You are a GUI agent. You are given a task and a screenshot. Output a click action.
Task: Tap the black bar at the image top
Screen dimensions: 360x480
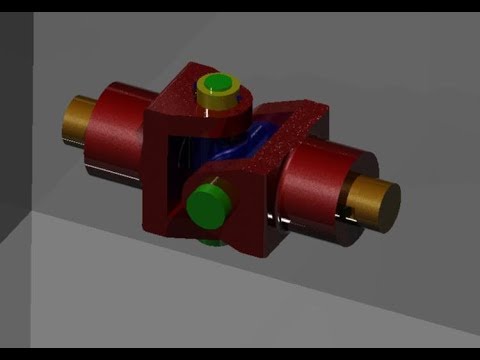click(x=240, y=5)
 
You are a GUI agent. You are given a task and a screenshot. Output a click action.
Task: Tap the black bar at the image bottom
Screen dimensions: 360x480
click(x=240, y=353)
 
